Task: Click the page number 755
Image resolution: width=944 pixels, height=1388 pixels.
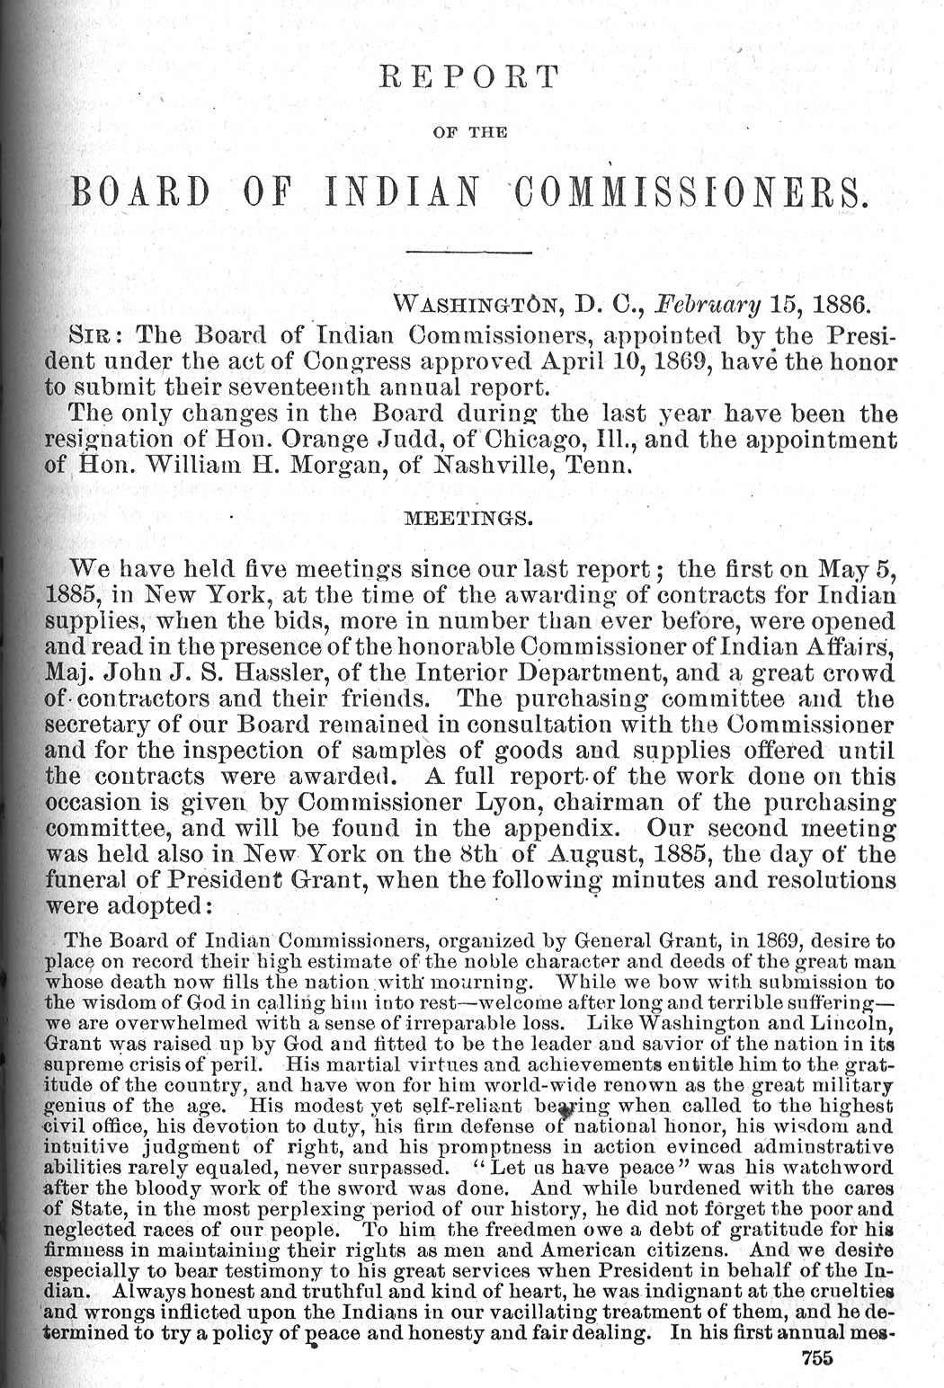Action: click(x=816, y=1359)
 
